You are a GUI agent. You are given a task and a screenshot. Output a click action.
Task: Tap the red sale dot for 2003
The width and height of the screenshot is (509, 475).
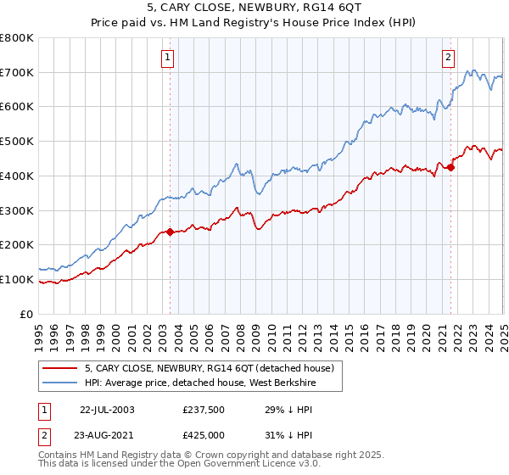tap(170, 232)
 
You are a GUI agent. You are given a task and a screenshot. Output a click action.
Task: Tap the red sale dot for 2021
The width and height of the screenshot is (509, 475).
tap(450, 167)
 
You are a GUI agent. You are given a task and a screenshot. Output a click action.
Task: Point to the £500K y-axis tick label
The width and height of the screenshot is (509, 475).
tap(17, 142)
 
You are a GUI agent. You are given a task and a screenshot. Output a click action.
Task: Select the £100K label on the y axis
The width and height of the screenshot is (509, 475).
tap(17, 279)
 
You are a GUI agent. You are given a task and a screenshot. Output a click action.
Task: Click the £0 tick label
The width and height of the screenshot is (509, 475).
tap(27, 314)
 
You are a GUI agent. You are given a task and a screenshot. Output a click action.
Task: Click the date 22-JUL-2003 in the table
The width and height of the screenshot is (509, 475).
tap(107, 409)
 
